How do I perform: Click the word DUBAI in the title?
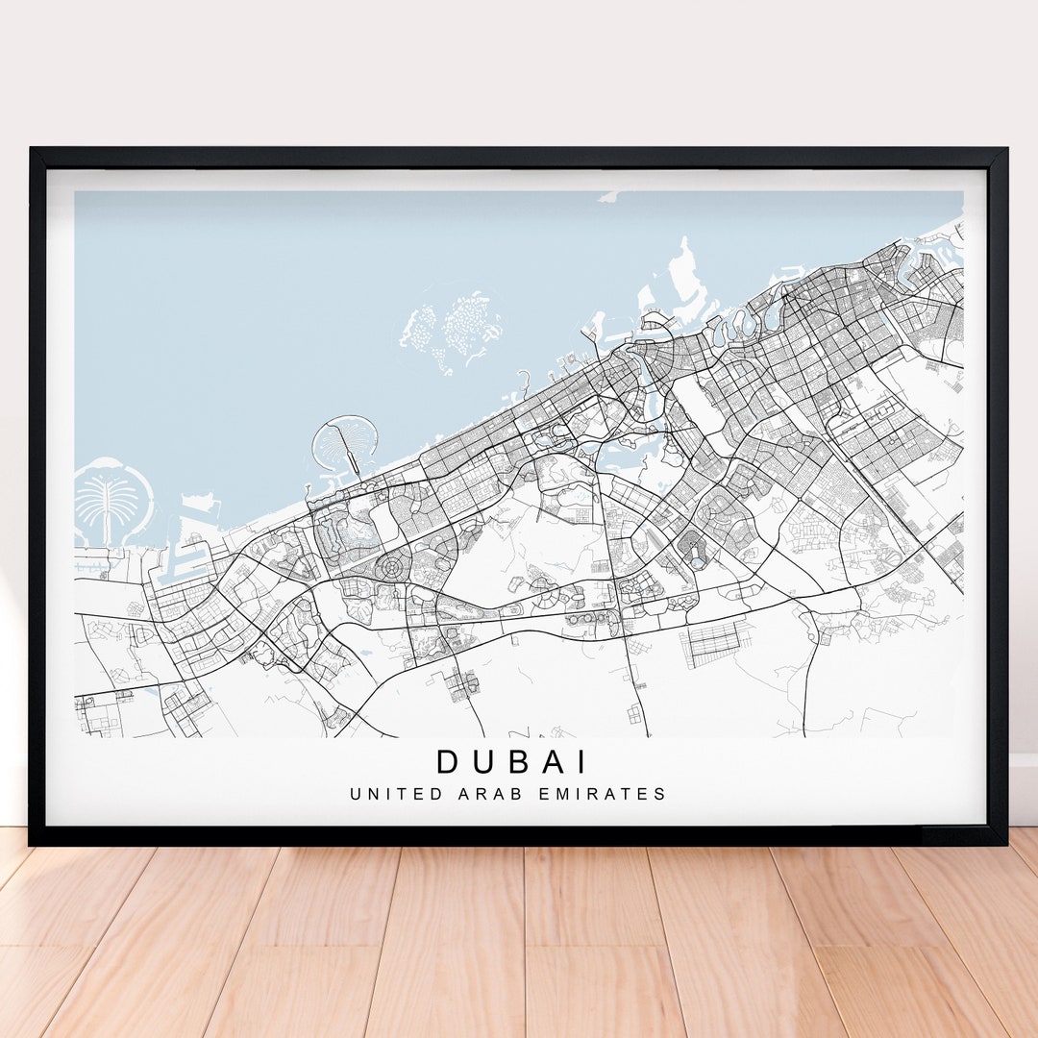511,761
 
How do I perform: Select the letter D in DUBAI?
449,761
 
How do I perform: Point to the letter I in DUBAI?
581,761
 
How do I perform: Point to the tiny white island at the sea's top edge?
607,197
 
